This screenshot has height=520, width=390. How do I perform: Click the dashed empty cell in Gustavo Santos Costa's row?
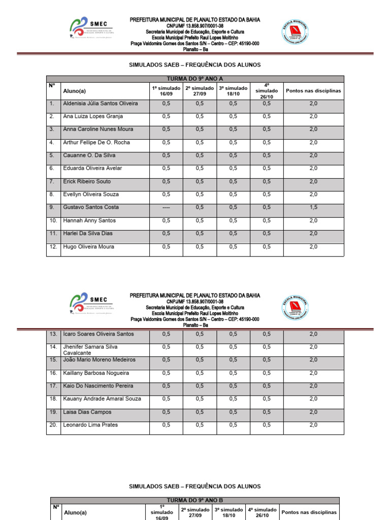click(166, 207)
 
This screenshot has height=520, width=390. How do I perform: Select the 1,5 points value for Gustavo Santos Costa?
click(313, 207)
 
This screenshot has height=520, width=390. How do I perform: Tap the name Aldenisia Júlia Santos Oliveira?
click(100, 103)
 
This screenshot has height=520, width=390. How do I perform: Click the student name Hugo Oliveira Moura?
click(88, 247)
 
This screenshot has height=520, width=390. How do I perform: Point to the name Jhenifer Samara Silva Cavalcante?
click(90, 349)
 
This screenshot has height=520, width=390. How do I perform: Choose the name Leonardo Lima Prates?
click(91, 425)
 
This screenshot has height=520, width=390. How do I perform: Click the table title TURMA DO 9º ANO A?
click(195, 79)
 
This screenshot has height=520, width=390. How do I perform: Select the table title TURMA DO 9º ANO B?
click(195, 500)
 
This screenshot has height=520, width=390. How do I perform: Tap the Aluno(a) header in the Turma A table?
click(74, 91)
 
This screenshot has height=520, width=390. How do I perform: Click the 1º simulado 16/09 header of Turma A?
click(166, 90)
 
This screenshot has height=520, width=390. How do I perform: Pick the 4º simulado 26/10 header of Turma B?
click(262, 512)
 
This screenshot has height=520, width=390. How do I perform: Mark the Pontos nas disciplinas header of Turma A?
click(313, 91)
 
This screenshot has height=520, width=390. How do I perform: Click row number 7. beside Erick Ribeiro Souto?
click(51, 181)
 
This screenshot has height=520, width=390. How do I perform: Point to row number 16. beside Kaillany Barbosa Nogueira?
click(53, 373)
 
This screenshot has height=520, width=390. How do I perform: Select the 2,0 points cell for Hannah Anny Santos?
click(313, 220)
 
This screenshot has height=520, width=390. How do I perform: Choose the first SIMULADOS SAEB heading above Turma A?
click(194, 65)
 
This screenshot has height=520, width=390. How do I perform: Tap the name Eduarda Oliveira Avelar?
click(92, 168)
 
